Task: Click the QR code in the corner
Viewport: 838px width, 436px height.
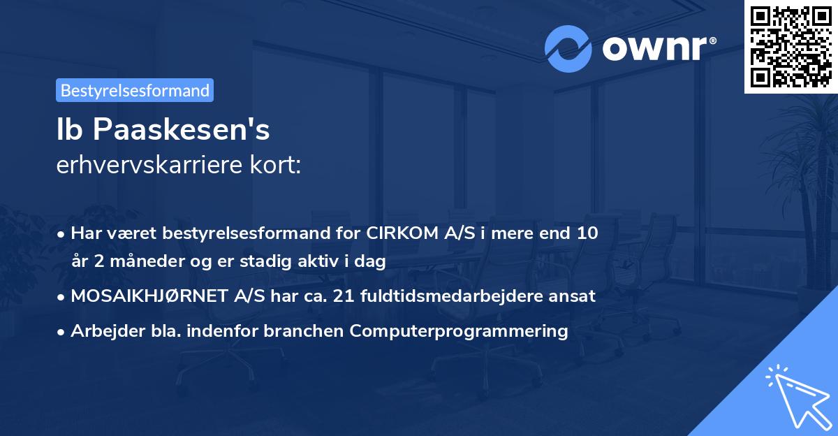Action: [791, 47]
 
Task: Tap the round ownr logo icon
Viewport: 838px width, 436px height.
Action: [568, 50]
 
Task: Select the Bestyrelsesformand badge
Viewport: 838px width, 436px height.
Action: [135, 90]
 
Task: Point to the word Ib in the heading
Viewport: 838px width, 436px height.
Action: [69, 131]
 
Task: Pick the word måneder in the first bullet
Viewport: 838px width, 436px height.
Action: [127, 261]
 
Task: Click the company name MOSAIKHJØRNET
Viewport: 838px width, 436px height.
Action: [168, 296]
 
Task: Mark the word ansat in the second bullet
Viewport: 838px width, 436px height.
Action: [575, 296]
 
